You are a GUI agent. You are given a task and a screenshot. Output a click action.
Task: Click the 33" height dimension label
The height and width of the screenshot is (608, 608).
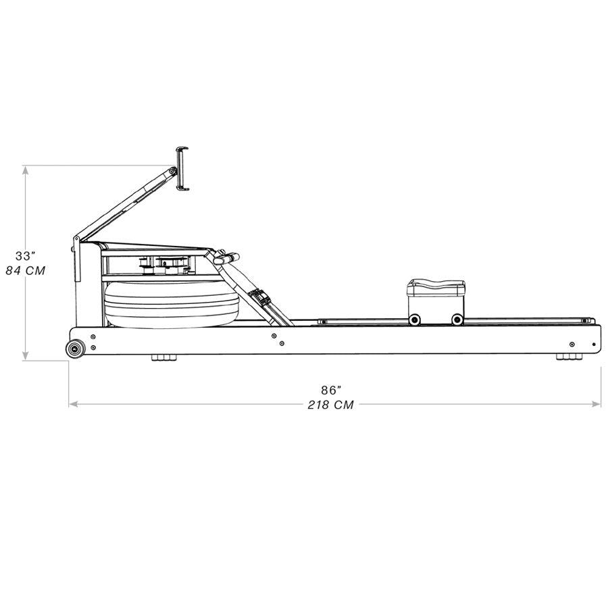tap(25, 256)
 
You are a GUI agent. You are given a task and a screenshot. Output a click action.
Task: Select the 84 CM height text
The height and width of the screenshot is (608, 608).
tap(25, 270)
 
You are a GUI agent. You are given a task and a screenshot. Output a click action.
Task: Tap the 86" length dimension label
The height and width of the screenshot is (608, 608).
tap(331, 390)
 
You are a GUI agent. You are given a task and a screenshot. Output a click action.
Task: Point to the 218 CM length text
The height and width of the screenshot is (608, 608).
tap(331, 405)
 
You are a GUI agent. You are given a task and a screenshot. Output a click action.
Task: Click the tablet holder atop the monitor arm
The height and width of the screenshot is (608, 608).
tap(182, 168)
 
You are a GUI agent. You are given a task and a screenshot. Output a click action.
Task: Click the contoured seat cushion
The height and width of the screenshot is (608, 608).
tap(435, 286)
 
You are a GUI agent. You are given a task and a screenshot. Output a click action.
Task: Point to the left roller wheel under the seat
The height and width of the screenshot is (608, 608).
tap(413, 319)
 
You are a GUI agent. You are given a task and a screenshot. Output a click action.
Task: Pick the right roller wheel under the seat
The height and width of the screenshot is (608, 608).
tap(457, 319)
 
